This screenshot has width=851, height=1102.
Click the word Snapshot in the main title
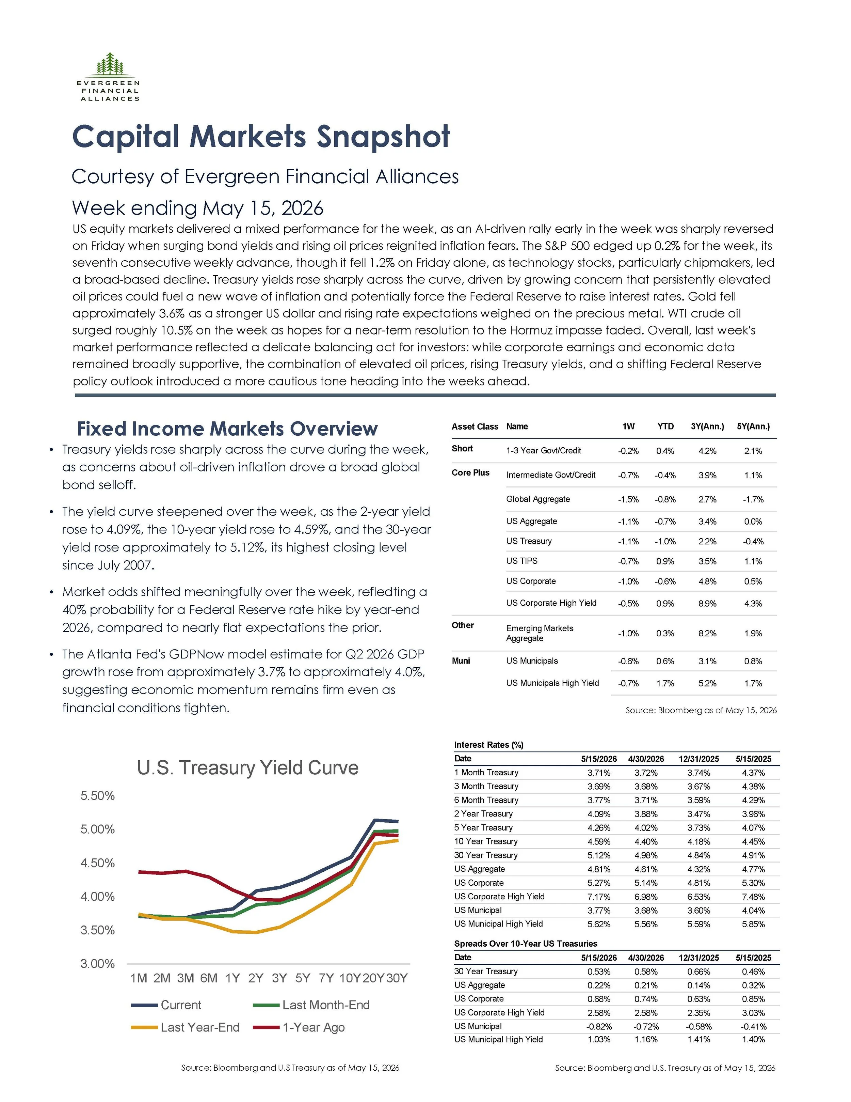click(383, 137)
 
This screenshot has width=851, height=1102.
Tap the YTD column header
click(665, 426)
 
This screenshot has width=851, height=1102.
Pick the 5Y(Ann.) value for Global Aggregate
click(753, 499)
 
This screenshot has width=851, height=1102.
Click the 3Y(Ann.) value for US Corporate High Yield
click(707, 604)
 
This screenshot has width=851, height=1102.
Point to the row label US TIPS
click(522, 561)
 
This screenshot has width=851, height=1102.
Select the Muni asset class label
click(461, 661)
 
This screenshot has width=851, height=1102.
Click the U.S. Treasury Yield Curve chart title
click(247, 767)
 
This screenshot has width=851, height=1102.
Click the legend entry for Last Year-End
click(185, 1027)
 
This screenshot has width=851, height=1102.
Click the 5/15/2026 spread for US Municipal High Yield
click(599, 1039)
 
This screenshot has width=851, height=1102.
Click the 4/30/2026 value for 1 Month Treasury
click(646, 773)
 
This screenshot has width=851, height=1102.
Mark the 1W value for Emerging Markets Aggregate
click(628, 634)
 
